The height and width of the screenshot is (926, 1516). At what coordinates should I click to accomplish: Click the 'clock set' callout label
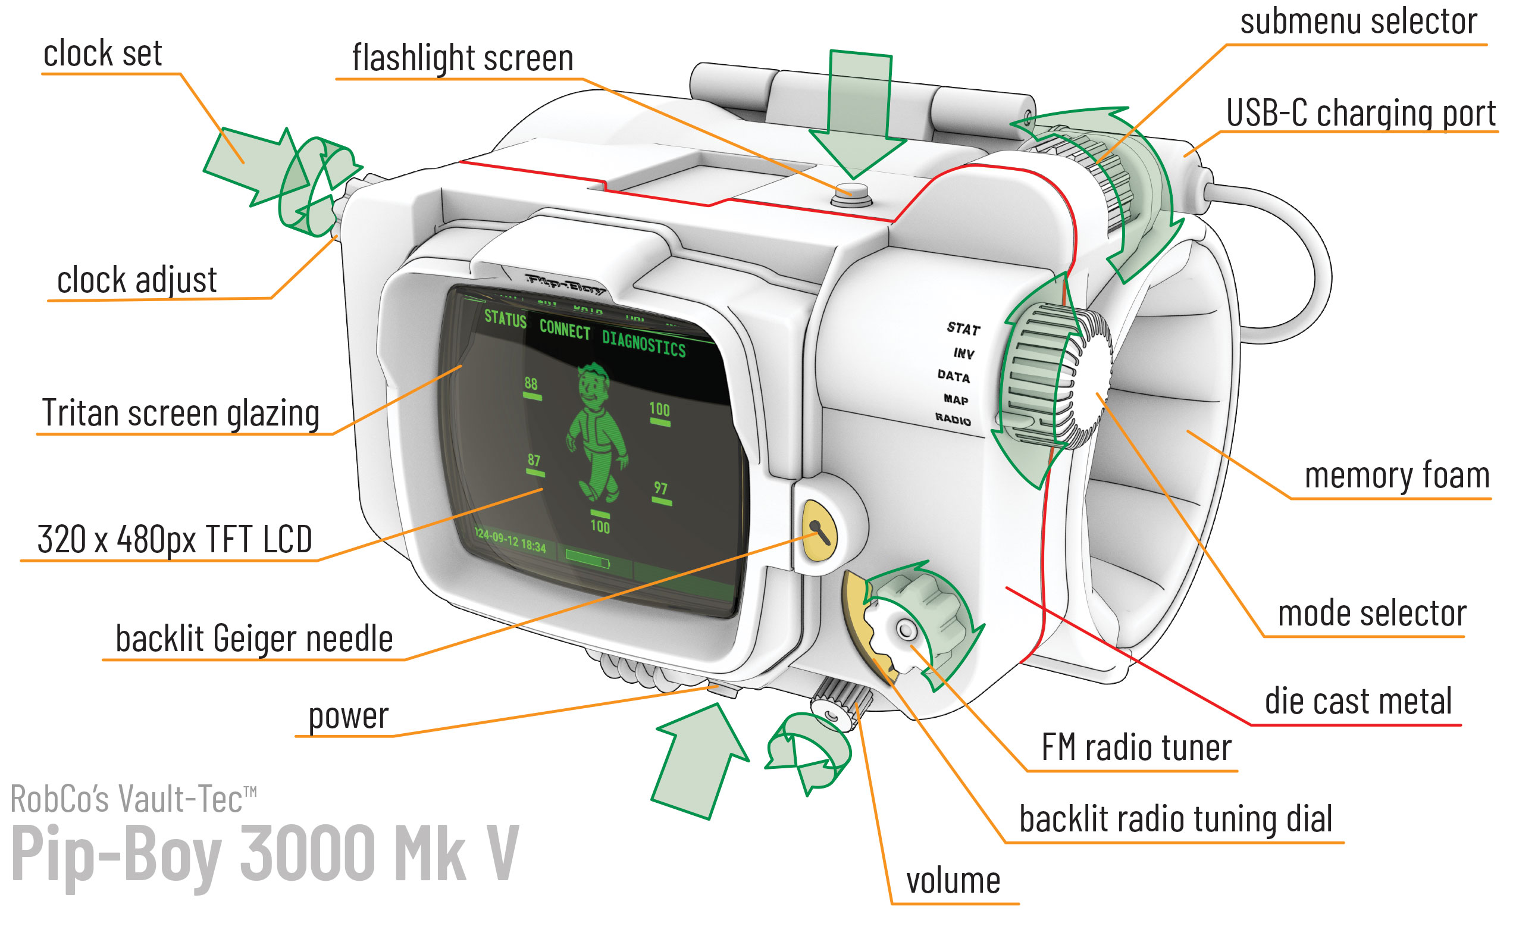click(x=102, y=54)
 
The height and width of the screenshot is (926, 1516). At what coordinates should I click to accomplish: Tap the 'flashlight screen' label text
click(x=462, y=58)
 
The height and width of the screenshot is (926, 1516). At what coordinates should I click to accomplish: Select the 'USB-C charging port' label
click(x=1360, y=114)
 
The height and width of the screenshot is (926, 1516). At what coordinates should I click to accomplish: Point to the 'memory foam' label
click(x=1396, y=475)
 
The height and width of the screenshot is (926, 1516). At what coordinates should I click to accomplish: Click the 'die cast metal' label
click(x=1358, y=702)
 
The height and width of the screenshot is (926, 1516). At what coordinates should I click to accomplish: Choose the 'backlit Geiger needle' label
click(x=254, y=639)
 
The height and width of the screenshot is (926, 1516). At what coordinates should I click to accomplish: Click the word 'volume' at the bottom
click(x=953, y=881)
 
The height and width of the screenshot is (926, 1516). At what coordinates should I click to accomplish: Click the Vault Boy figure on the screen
click(x=596, y=431)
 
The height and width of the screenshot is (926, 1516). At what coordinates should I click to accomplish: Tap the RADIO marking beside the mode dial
click(x=953, y=420)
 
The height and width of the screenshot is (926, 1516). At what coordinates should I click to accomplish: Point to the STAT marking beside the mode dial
click(x=963, y=329)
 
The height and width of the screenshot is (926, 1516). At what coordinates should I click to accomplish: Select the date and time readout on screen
click(x=510, y=540)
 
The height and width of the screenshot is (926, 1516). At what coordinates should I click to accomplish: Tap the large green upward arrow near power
click(x=700, y=763)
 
